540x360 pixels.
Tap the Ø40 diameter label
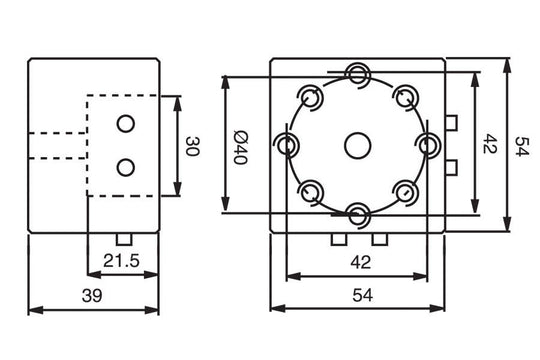(x=240, y=146)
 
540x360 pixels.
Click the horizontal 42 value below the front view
(x=357, y=263)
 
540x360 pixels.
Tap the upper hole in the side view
(x=125, y=123)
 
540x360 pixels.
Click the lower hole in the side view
(x=125, y=166)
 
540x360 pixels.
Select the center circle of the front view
(x=357, y=145)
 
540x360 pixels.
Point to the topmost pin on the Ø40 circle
(x=358, y=73)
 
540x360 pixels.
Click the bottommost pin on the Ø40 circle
(x=358, y=213)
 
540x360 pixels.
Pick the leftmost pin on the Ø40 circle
(x=288, y=144)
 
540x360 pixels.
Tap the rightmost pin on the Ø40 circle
(x=429, y=144)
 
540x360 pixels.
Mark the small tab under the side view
(x=124, y=239)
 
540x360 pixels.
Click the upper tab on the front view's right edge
(x=451, y=123)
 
